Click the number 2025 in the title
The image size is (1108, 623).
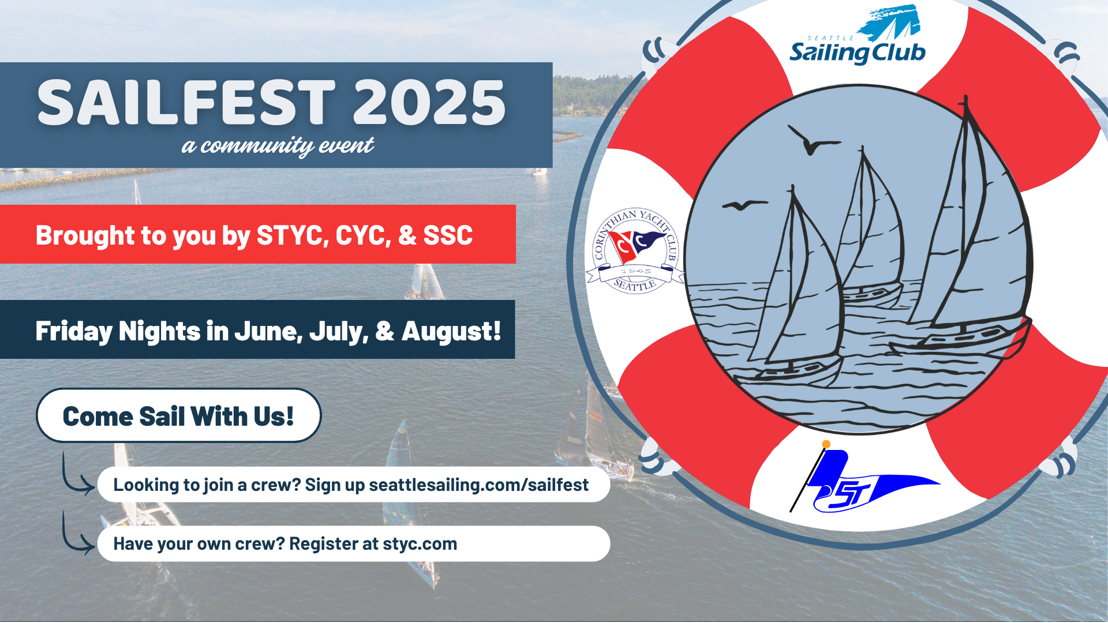[429, 102]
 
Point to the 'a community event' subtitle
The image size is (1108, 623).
[278, 146]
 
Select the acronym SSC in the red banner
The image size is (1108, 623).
[448, 235]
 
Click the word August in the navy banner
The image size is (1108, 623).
[451, 332]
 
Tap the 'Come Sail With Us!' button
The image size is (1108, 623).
[178, 415]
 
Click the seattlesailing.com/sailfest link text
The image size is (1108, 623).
[478, 485]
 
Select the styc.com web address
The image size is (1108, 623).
[420, 544]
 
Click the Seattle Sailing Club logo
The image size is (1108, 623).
[858, 36]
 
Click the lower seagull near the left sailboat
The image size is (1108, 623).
[745, 205]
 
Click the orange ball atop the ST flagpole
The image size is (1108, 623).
[826, 444]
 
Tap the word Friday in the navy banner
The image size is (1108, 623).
[73, 332]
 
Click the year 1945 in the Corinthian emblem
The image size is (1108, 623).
[635, 271]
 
